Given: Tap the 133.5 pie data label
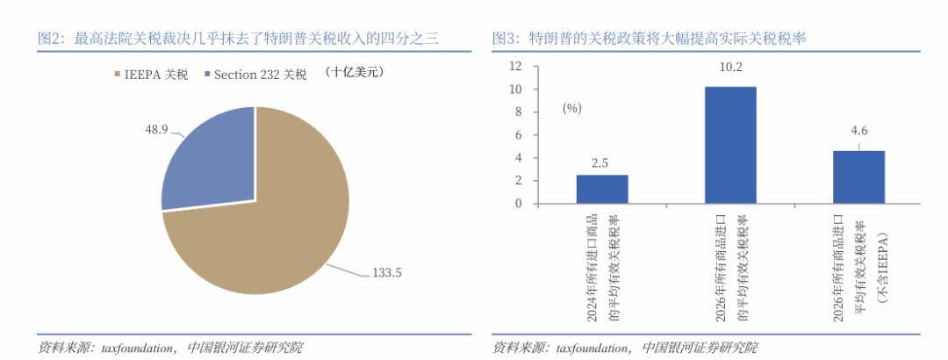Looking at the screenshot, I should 386,273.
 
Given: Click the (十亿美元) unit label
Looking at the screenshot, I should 355,72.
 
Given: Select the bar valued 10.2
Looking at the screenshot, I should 729,145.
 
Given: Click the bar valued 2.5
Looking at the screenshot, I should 601,189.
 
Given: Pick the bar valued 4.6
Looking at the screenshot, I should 858,176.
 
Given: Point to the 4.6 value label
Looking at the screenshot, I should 858,132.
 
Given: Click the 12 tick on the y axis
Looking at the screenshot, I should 515,66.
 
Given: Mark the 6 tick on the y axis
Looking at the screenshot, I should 518,134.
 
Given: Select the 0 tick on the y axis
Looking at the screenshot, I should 518,204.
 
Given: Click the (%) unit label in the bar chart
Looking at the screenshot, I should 572,108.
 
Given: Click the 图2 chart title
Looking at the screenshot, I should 237,39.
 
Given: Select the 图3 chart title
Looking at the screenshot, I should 650,39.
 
